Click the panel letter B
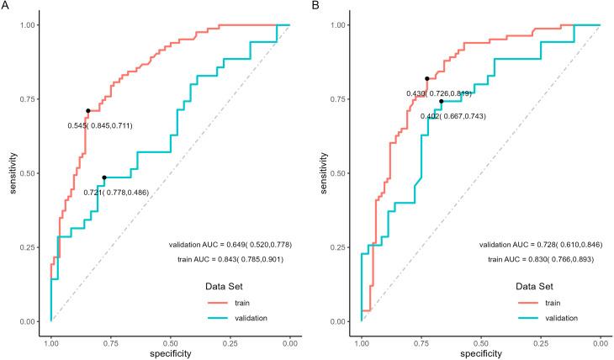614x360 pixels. (316, 6)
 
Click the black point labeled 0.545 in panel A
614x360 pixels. (87, 111)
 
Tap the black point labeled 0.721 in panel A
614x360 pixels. (104, 177)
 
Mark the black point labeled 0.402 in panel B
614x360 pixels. (441, 101)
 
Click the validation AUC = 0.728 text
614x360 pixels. (541, 244)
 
